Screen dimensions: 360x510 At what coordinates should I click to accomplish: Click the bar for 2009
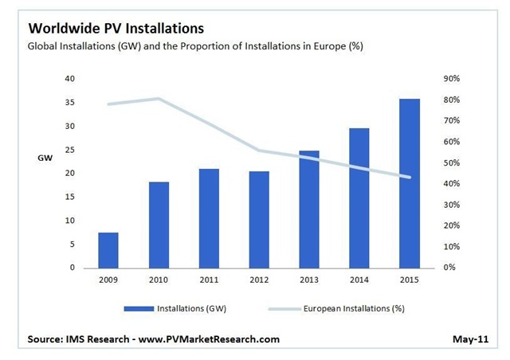point(108,250)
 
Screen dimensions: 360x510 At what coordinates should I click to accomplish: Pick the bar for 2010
point(159,225)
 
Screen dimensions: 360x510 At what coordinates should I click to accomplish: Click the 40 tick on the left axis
point(69,79)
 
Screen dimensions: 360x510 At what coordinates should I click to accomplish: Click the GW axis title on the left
point(45,158)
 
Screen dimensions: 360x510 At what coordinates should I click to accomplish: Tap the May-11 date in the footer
point(471,339)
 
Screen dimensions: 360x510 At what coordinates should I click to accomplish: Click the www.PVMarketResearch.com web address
point(205,339)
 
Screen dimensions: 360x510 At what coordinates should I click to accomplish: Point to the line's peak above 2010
point(159,99)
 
